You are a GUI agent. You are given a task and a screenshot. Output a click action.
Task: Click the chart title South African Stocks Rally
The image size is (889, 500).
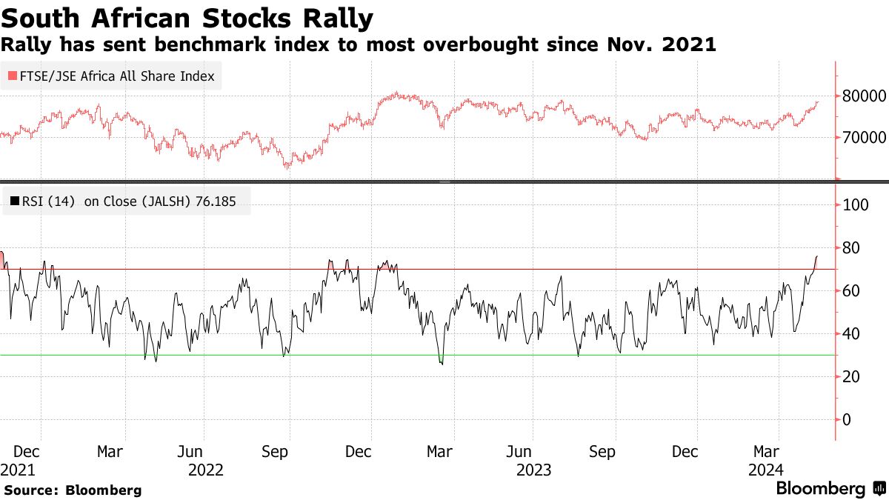[187, 17]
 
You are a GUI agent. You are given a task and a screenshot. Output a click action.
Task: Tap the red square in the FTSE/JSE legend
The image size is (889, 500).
[11, 76]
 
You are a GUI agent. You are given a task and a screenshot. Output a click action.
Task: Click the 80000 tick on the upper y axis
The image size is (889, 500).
[862, 96]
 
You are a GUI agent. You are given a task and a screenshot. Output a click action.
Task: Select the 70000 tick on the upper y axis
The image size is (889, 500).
[862, 137]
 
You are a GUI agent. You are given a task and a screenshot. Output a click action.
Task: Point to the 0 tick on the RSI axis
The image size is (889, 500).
[848, 419]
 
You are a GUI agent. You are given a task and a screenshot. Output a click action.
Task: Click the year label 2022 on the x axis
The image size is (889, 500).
[207, 470]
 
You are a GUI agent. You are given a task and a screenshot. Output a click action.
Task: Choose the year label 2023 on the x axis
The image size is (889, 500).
[534, 470]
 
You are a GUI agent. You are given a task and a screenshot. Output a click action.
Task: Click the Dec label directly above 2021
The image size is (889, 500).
[27, 452]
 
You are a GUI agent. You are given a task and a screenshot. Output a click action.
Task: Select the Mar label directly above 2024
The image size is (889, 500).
[766, 452]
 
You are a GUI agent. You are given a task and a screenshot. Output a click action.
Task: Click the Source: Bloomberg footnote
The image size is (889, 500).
[73, 490]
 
